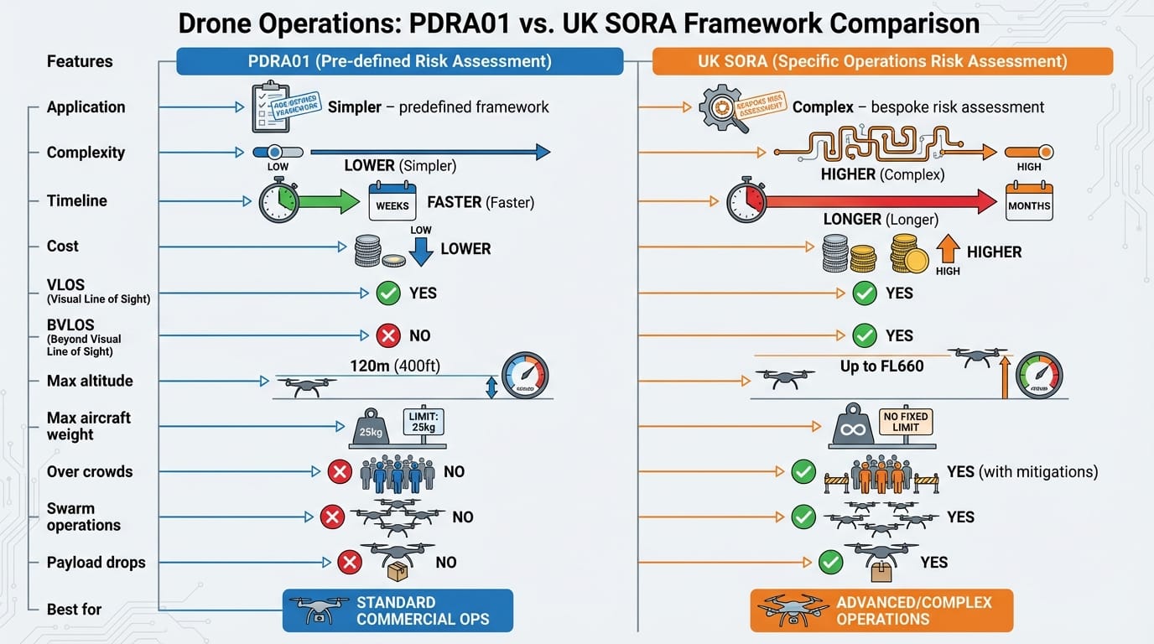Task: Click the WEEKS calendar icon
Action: click(392, 202)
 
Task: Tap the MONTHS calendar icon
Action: click(1029, 202)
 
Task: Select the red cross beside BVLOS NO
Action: click(388, 335)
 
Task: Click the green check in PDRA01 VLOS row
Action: click(388, 293)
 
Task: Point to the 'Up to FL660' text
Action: click(881, 366)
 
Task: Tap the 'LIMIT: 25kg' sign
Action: click(424, 422)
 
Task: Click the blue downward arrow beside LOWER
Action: click(421, 250)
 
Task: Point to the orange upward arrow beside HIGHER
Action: click(947, 250)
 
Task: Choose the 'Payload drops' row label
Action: click(96, 563)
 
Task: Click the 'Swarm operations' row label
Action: click(83, 517)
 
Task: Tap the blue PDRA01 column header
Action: click(399, 61)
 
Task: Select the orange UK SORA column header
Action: click(882, 61)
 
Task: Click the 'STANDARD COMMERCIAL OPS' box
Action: click(398, 610)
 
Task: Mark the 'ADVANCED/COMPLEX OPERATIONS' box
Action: click(881, 610)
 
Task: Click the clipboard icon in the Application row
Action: click(270, 106)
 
